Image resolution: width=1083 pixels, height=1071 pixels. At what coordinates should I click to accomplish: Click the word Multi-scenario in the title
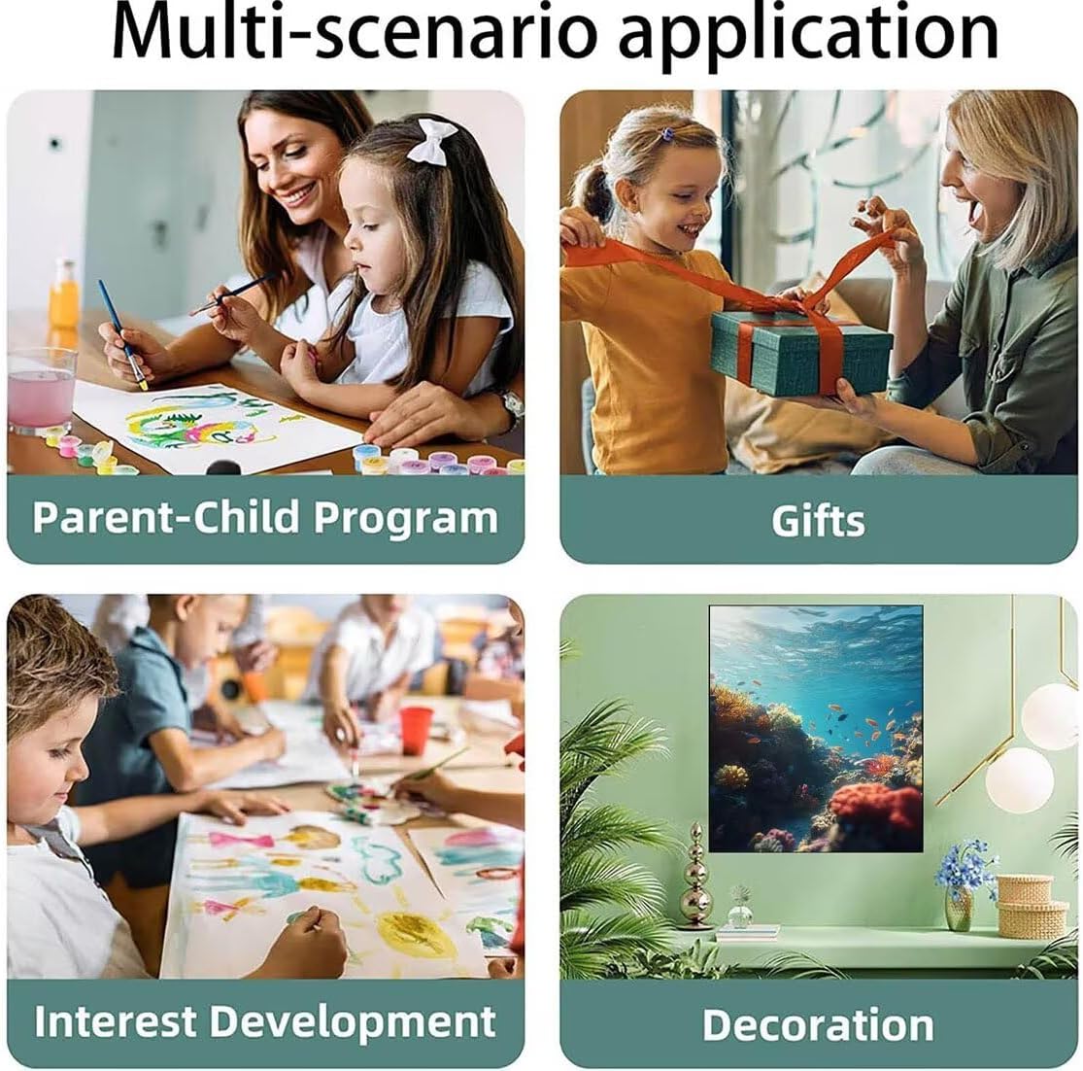click(354, 33)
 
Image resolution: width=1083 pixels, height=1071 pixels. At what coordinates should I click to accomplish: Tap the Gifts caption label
click(818, 520)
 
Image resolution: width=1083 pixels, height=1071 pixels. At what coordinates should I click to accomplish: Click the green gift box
click(800, 352)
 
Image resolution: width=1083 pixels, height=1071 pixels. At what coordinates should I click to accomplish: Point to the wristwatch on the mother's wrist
click(511, 407)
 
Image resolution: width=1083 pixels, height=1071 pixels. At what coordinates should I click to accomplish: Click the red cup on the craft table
click(416, 730)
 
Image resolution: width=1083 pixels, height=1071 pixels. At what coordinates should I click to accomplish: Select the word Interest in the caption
click(115, 1020)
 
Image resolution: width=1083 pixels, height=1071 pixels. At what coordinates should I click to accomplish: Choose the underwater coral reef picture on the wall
click(816, 728)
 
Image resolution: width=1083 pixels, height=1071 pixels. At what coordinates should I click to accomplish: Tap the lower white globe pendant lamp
click(1020, 780)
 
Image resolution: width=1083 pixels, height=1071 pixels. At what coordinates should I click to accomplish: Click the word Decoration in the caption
click(818, 1024)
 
